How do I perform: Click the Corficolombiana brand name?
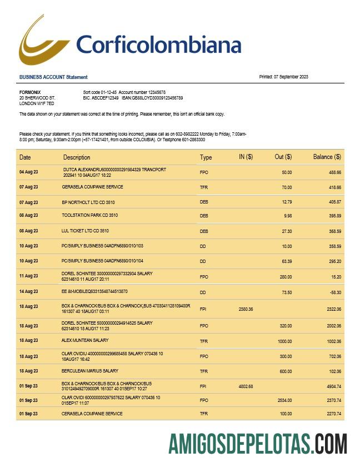click(x=158, y=45)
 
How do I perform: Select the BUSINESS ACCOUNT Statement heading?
click(x=53, y=77)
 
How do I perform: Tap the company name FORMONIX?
click(x=30, y=92)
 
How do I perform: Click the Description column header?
click(x=77, y=157)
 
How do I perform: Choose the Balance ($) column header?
click(x=327, y=157)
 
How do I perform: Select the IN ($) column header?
click(x=246, y=157)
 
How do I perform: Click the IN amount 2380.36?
click(x=246, y=309)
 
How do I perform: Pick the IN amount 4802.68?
click(x=246, y=386)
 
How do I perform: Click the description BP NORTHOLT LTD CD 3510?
click(x=89, y=202)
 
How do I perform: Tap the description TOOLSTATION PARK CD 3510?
click(x=89, y=215)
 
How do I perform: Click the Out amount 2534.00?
click(x=284, y=400)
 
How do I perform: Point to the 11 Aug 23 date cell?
click(x=29, y=276)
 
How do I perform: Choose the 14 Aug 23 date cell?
click(x=29, y=292)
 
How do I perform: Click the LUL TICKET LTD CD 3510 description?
click(x=85, y=231)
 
